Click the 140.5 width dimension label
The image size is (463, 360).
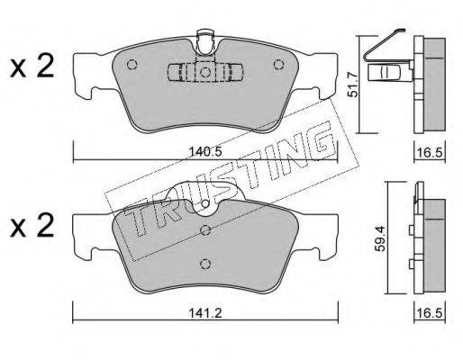tap(205, 152)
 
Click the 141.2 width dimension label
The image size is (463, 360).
tap(205, 314)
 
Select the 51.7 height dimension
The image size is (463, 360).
tap(353, 85)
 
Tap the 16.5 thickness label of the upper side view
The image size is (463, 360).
tap(430, 153)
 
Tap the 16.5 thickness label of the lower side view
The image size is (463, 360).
tap(430, 314)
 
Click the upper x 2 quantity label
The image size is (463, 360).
tap(32, 67)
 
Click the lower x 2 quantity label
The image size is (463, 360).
tap(32, 226)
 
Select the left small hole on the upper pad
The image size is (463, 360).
tap(132, 65)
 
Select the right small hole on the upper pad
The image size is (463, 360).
tap(279, 65)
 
